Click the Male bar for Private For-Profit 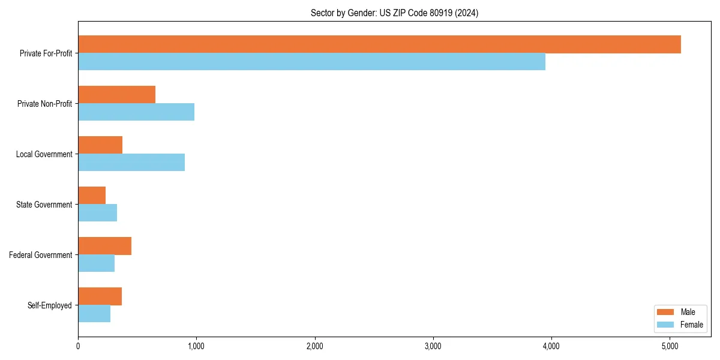click(x=379, y=44)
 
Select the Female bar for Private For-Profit click(x=311, y=62)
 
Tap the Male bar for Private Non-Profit click(x=116, y=95)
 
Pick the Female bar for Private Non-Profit click(x=136, y=112)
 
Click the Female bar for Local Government click(x=131, y=163)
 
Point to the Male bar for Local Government click(x=100, y=145)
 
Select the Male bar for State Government click(x=92, y=196)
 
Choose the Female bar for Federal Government click(x=96, y=263)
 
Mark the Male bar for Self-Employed click(x=100, y=296)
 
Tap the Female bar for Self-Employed click(x=94, y=314)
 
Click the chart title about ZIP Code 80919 click(x=394, y=13)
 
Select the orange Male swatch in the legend click(x=666, y=312)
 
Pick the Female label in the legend click(x=692, y=325)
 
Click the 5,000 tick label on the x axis click(x=670, y=346)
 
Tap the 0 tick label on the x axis click(x=78, y=346)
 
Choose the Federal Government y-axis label click(x=41, y=255)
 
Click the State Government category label click(x=44, y=205)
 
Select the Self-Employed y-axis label click(x=49, y=305)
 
